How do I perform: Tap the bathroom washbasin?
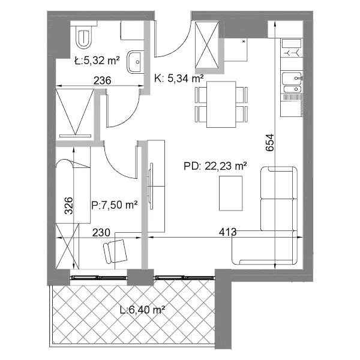136,62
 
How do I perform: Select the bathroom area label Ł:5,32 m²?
97,61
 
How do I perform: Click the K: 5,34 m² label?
179,79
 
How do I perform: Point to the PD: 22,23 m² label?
215,166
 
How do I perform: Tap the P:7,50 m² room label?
115,205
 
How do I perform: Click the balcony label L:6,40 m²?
143,310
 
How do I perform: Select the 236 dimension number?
103,80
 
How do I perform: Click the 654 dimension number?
270,142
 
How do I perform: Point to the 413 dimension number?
227,232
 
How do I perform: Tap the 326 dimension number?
68,206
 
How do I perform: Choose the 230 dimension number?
101,233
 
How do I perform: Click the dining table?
221,104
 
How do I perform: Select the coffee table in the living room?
231,193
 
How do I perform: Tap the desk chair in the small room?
115,251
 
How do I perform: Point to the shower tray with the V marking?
75,113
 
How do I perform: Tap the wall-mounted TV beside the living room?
151,186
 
